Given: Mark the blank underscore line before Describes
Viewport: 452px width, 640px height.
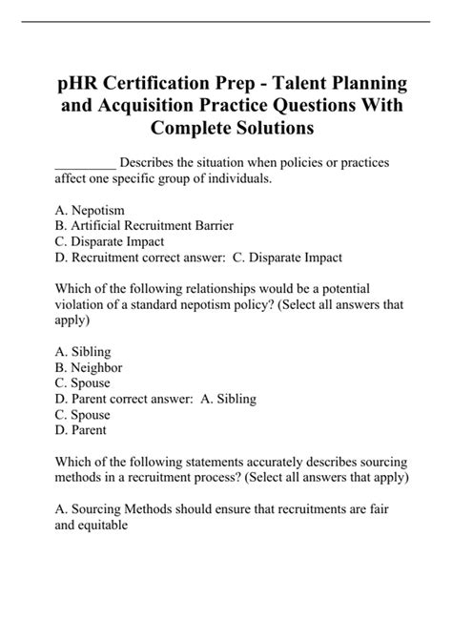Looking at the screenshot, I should (86, 163).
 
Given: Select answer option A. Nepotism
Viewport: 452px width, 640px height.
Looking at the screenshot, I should (91, 210).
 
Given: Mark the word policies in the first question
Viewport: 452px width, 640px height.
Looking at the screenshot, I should (290, 163).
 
